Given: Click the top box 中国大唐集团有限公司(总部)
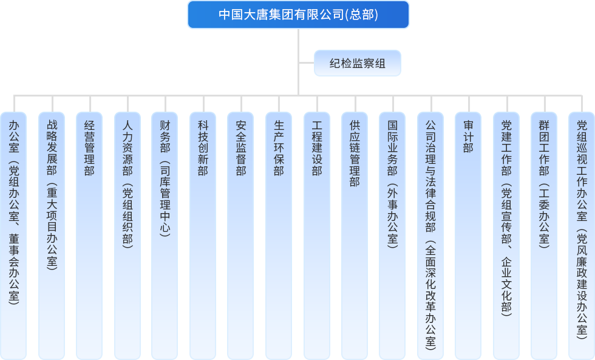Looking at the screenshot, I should pyautogui.click(x=298, y=15).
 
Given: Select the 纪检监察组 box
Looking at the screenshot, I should pyautogui.click(x=357, y=63).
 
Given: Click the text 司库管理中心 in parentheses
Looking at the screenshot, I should pyautogui.click(x=165, y=200).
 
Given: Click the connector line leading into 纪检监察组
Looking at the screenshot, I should pyautogui.click(x=306, y=63).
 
